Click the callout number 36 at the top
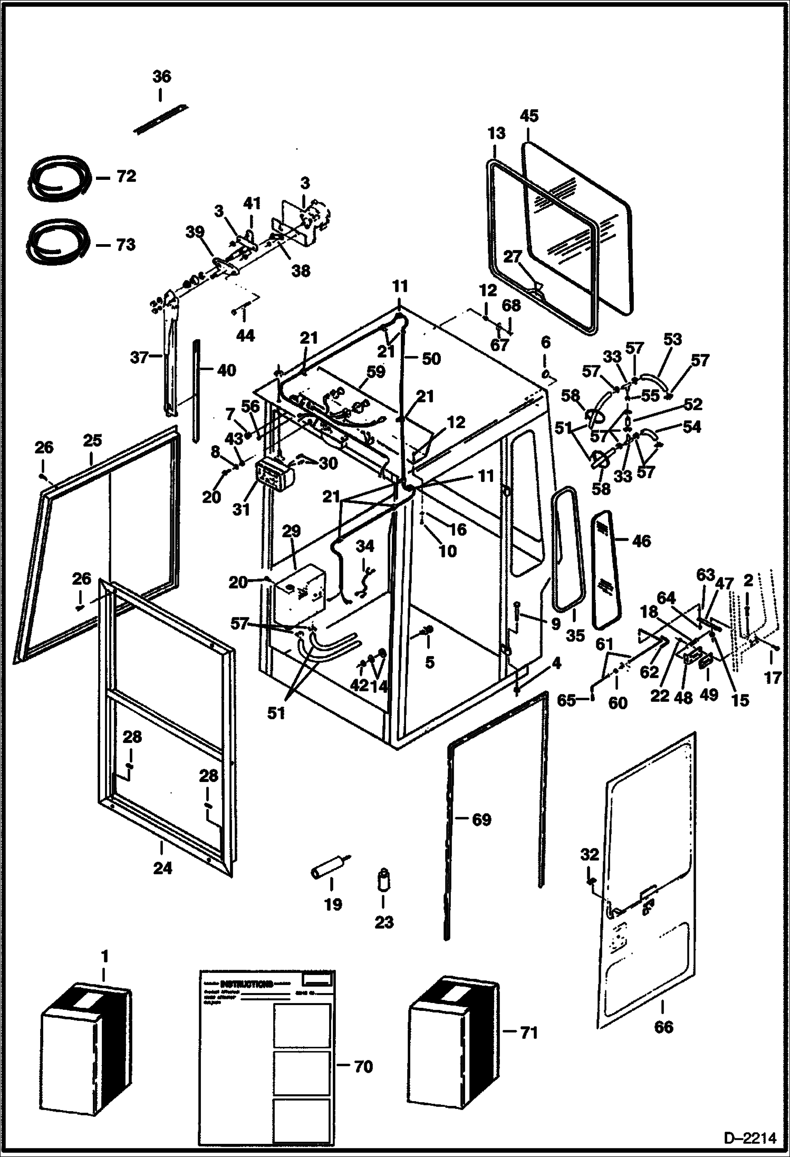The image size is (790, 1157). click(162, 77)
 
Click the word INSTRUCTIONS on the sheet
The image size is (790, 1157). click(246, 984)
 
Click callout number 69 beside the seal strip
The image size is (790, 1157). click(481, 819)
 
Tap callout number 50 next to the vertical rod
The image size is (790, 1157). click(431, 359)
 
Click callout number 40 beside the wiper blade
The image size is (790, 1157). click(226, 371)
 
